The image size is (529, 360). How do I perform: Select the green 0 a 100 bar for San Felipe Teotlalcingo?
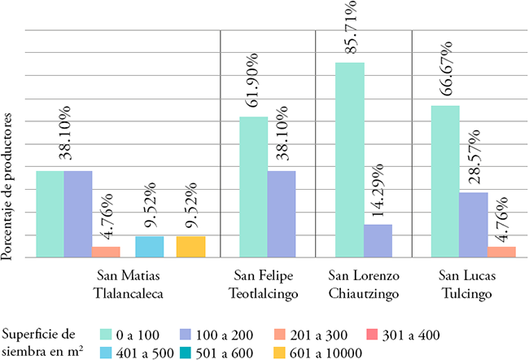tap(253, 187)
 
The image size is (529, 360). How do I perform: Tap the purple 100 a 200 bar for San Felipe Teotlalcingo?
tap(281, 214)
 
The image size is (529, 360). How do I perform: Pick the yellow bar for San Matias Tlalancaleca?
tap(190, 247)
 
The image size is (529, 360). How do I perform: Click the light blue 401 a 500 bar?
tap(148, 247)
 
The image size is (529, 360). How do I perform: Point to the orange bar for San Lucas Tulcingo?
tap(501, 252)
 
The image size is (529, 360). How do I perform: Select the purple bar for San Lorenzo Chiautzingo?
tap(377, 241)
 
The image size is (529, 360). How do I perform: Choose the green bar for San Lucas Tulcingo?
tap(445, 182)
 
